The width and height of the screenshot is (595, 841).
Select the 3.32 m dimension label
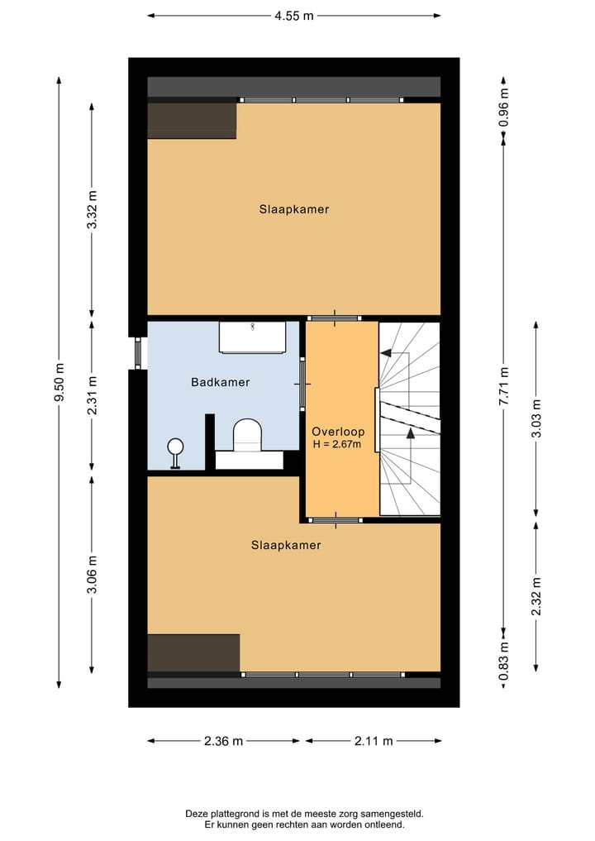[x=93, y=209]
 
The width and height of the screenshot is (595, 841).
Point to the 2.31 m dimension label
[x=93, y=394]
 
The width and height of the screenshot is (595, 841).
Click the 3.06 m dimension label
[x=93, y=575]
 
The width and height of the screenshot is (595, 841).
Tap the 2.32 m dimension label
[x=536, y=595]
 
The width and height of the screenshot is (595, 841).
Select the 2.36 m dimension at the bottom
[x=223, y=741]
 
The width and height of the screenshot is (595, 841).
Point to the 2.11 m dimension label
[x=373, y=741]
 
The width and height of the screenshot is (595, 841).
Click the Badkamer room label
[x=220, y=382]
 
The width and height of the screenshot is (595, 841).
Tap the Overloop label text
[x=337, y=432]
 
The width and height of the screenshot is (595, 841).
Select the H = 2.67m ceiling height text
[x=337, y=444]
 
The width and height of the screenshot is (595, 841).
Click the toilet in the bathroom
[x=247, y=435]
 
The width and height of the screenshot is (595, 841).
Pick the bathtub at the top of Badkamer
[x=252, y=337]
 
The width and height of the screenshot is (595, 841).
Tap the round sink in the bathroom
[x=175, y=447]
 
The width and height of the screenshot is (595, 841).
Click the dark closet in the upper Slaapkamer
[x=192, y=121]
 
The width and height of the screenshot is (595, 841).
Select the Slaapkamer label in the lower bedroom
[x=286, y=545]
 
